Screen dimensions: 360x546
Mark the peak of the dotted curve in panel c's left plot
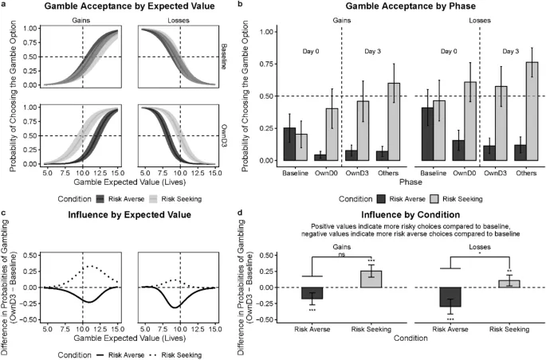[91, 266]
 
